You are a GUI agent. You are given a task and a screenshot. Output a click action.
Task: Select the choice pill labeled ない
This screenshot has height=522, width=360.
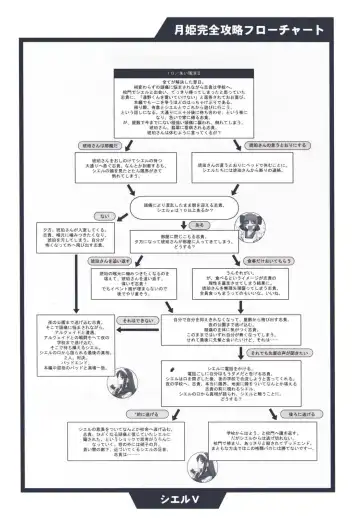104,216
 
